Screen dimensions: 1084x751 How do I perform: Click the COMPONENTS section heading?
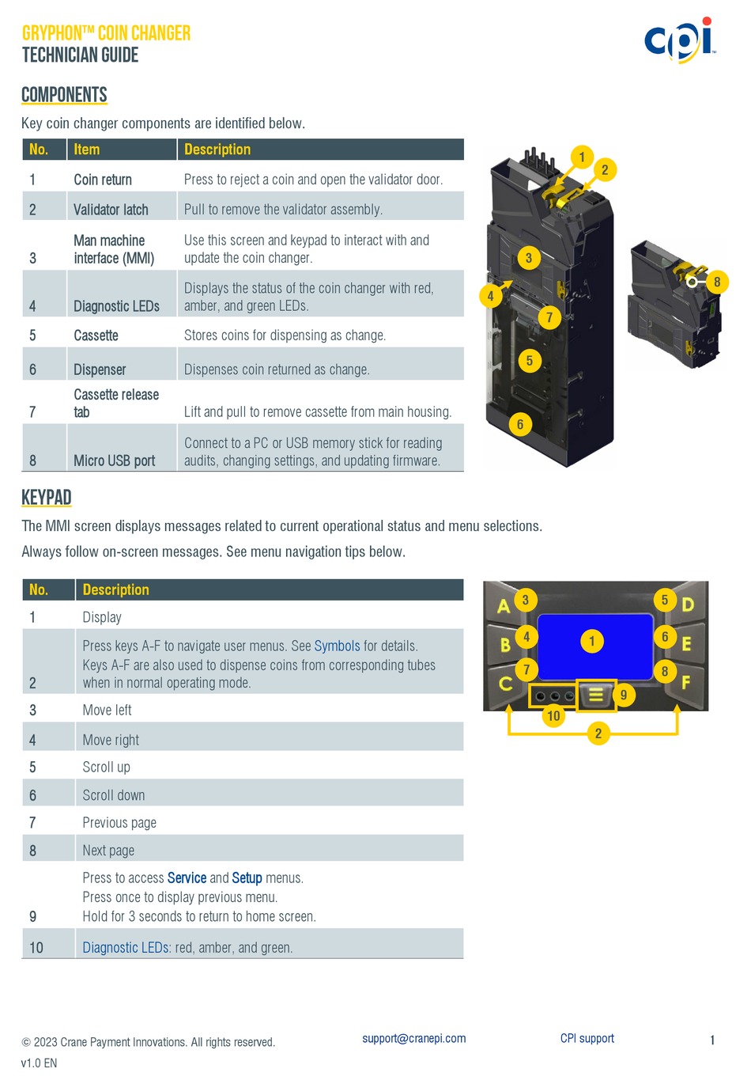64,95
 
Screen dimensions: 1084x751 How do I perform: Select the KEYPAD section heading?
47,498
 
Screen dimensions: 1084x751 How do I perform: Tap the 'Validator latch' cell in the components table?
111,210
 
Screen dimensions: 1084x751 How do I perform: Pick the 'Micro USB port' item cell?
114,461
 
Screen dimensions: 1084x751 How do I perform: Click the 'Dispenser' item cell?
100,370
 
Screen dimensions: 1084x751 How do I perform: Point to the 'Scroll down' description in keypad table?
114,795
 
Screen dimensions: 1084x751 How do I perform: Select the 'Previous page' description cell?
119,823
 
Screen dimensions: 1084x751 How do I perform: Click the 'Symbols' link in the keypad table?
337,646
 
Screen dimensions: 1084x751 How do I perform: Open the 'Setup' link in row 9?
247,878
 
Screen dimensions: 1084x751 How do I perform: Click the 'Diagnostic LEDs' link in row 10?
125,948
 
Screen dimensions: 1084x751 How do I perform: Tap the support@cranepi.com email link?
413,1039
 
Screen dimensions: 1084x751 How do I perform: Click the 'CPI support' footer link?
587,1039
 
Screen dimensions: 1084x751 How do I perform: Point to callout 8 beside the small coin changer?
717,282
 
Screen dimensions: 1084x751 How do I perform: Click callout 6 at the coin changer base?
519,425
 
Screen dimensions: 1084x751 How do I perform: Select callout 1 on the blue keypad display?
591,641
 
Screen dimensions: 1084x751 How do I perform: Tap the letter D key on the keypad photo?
687,605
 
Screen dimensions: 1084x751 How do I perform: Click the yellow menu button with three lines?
596,695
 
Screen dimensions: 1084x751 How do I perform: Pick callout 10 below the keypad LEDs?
553,716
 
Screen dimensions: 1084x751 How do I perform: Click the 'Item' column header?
87,150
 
